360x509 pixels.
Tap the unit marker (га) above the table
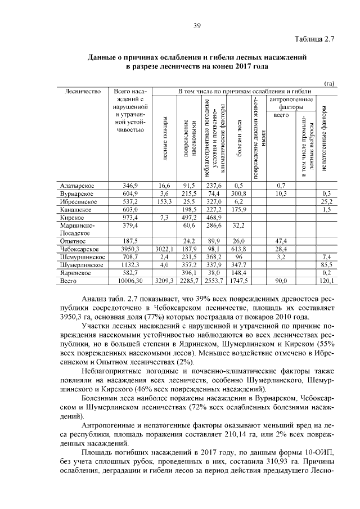tap(330, 83)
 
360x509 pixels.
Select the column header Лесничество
tap(83, 91)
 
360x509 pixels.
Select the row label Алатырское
tap(77, 185)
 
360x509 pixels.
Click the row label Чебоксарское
tap(80, 249)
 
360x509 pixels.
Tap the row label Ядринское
tap(76, 272)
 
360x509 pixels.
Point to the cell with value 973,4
tap(130, 217)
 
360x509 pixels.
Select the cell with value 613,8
tap(239, 249)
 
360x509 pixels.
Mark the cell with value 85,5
tap(326, 264)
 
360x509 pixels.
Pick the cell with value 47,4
tap(281, 241)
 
